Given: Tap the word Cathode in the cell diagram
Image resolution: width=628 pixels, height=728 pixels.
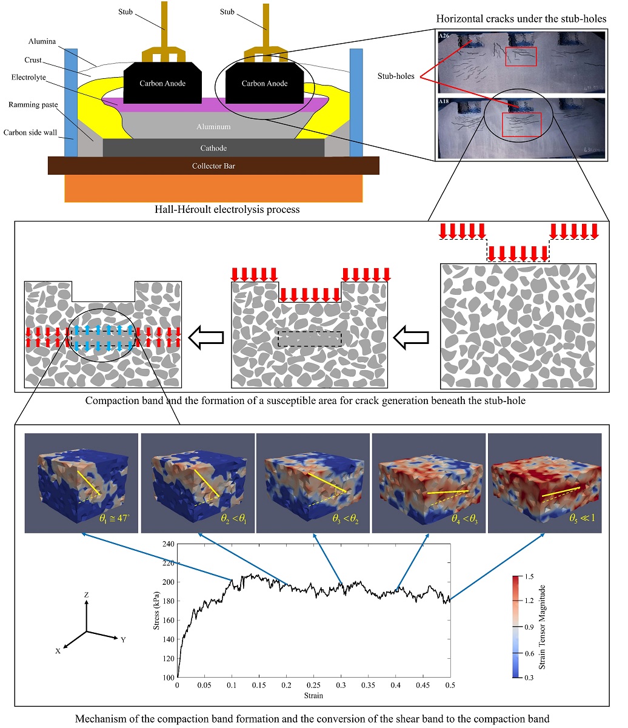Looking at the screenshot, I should pyautogui.click(x=213, y=147).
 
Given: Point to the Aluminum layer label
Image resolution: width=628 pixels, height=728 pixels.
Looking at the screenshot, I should pyautogui.click(x=213, y=127).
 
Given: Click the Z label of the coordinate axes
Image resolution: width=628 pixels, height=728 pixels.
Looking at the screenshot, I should pyautogui.click(x=87, y=595).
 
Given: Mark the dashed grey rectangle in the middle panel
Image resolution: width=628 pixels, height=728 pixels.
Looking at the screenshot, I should pyautogui.click(x=310, y=339).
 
